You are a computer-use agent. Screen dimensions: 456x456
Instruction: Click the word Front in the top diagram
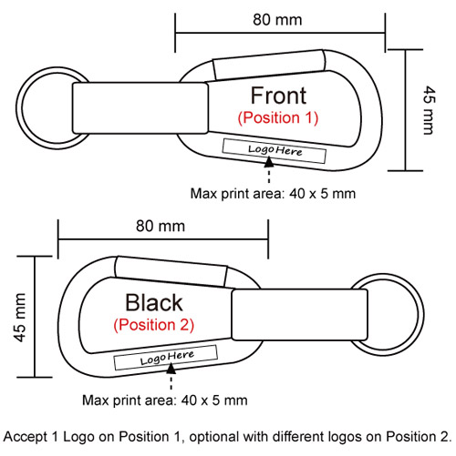point(278,96)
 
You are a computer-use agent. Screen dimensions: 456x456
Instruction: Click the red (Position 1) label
point(278,117)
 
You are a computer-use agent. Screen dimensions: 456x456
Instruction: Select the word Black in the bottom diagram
point(154,302)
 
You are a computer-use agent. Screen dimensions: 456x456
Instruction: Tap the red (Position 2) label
point(153,325)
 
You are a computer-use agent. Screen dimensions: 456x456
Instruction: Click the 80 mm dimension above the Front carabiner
point(277,20)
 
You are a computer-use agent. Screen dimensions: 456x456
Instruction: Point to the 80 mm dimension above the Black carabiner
point(161,226)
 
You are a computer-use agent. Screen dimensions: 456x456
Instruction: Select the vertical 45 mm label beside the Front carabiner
point(430,110)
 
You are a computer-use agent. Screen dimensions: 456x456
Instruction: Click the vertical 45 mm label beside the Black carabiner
point(20,318)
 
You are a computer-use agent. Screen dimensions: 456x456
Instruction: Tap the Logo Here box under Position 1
point(275,151)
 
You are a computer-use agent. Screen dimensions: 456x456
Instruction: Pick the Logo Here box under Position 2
point(166,358)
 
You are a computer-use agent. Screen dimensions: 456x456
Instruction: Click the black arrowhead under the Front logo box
point(269,162)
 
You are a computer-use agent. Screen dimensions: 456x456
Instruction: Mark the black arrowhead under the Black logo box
point(171,369)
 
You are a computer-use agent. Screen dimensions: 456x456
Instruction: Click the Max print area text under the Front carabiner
point(273,194)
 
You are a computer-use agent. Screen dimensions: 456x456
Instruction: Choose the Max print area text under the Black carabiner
point(165,400)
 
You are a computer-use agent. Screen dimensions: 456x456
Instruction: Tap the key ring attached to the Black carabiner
point(421,314)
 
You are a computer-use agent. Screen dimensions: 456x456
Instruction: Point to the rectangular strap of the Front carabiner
point(140,108)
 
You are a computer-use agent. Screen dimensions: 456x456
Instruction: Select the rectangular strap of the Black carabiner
point(300,315)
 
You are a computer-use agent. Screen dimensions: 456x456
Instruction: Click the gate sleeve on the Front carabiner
point(269,65)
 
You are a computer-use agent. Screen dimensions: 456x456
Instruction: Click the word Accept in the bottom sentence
point(26,437)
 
